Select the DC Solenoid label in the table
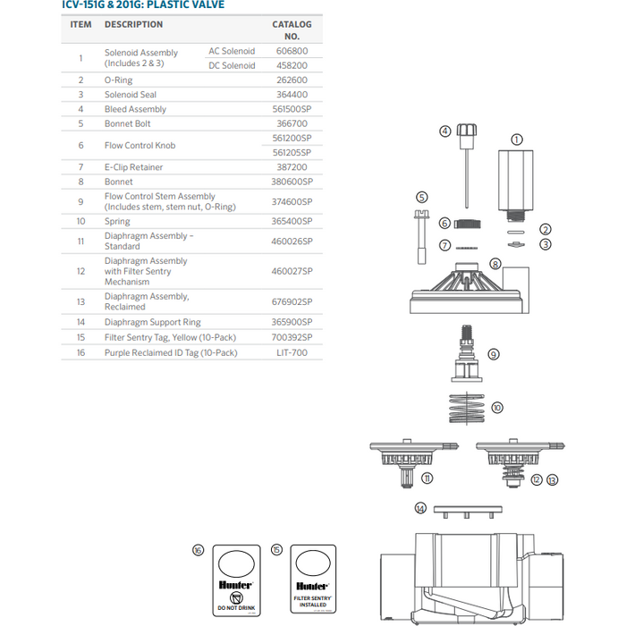(232, 65)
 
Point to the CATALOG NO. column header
(292, 30)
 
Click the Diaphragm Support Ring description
(153, 322)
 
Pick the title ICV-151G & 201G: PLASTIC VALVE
(149, 4)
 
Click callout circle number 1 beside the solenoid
(516, 140)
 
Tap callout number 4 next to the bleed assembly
(444, 131)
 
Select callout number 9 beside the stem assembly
(495, 354)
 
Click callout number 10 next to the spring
(497, 407)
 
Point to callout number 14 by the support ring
(420, 508)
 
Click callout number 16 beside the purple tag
(199, 550)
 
